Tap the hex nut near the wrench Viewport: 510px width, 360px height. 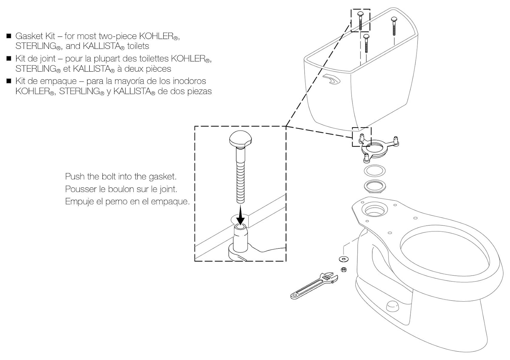pyautogui.click(x=344, y=270)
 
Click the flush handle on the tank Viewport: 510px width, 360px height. pyautogui.click(x=331, y=80)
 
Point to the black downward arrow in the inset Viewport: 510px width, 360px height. pyautogui.click(x=241, y=216)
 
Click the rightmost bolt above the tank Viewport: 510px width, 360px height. pyautogui.click(x=394, y=25)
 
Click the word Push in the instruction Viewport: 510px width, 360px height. pyautogui.click(x=75, y=177)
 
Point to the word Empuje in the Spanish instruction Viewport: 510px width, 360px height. pyautogui.click(x=79, y=201)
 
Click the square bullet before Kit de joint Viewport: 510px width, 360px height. pyautogui.click(x=9, y=58)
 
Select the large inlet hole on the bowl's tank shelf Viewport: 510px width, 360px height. pyautogui.click(x=375, y=209)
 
